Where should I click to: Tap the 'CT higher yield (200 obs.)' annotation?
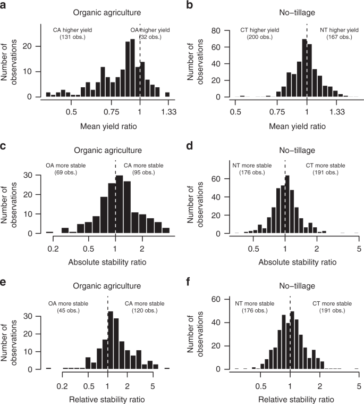[259, 34]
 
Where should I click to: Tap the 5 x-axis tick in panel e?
[153, 383]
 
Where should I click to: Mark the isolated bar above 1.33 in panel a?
[167, 95]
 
